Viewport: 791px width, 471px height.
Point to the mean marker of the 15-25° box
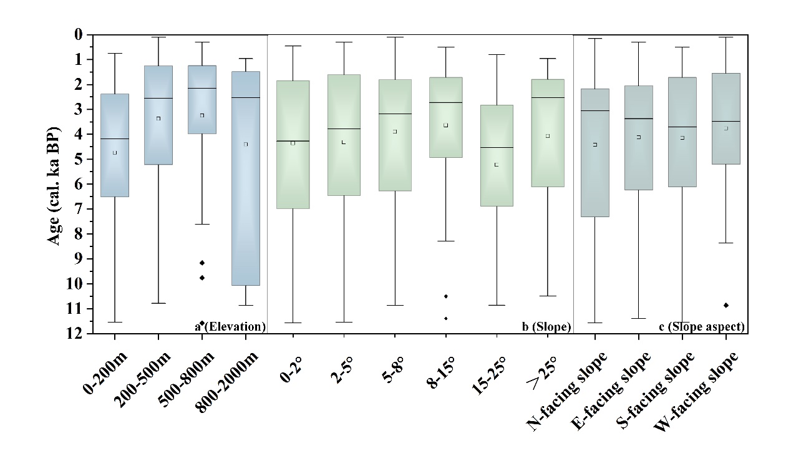[x=496, y=165]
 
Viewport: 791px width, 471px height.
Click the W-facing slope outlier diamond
[x=726, y=305]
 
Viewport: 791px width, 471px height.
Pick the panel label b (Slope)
[x=545, y=326]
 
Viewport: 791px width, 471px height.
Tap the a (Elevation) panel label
[x=231, y=326]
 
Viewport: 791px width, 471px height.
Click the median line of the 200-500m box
[x=158, y=99]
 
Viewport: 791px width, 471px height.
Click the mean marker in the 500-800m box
[x=202, y=115]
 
